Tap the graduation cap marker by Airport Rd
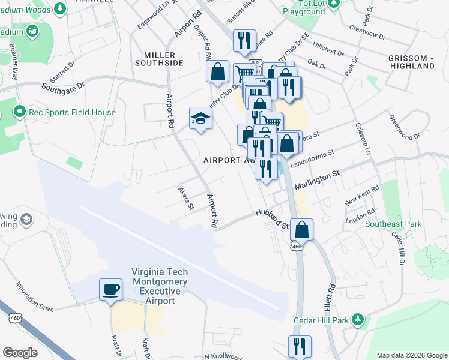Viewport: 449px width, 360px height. tap(200, 118)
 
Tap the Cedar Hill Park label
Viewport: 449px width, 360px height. tap(321, 320)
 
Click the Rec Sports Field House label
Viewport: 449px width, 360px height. tap(65, 112)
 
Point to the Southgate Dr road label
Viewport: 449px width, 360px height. tap(64, 86)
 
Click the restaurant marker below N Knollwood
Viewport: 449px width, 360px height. tap(299, 347)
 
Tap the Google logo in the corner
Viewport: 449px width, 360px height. tap(20, 353)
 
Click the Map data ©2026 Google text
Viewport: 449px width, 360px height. tap(411, 355)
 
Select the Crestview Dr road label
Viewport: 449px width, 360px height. tap(366, 32)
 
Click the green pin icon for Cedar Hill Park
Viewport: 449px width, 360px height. tap(358, 319)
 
